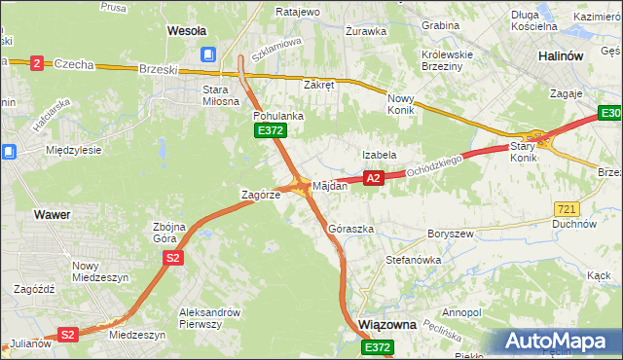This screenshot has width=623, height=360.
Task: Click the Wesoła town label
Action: (x=187, y=30)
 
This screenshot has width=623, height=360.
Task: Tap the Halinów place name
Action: (x=561, y=56)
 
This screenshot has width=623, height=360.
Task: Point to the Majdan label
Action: (x=330, y=185)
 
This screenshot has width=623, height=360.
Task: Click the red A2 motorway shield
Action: (x=373, y=178)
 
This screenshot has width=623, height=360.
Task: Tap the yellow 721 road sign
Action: (x=567, y=209)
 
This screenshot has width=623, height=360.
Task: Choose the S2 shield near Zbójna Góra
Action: (x=172, y=258)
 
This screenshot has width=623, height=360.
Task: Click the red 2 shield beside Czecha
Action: (x=37, y=63)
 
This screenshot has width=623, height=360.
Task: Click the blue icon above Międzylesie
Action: (x=9, y=151)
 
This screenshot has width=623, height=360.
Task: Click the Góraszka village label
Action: (x=351, y=229)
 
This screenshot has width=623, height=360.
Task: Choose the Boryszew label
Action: (x=450, y=234)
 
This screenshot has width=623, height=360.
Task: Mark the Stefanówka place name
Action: (x=414, y=261)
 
